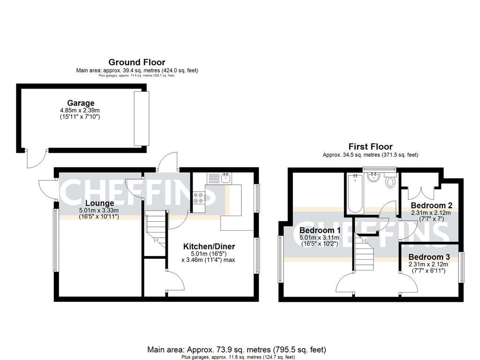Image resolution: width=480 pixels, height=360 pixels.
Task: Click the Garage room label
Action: click(80, 103)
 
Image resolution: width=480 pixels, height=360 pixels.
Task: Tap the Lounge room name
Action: click(99, 203)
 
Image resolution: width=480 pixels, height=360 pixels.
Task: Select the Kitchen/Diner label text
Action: click(209, 247)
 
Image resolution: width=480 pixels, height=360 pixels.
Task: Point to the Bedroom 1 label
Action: click(320, 231)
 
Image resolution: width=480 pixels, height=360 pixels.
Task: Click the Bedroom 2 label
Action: click(431, 205)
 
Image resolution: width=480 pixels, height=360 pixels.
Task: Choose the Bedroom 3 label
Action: click(429, 257)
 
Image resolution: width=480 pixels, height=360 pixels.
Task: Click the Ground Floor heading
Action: click(137, 62)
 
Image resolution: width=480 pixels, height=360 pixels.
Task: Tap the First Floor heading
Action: click(370, 147)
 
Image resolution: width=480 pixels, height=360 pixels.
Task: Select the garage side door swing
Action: click(36, 158)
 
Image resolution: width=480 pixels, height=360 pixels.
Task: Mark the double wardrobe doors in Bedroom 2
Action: click(421, 191)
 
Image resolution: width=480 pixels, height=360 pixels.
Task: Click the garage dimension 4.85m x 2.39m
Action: click(80, 110)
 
